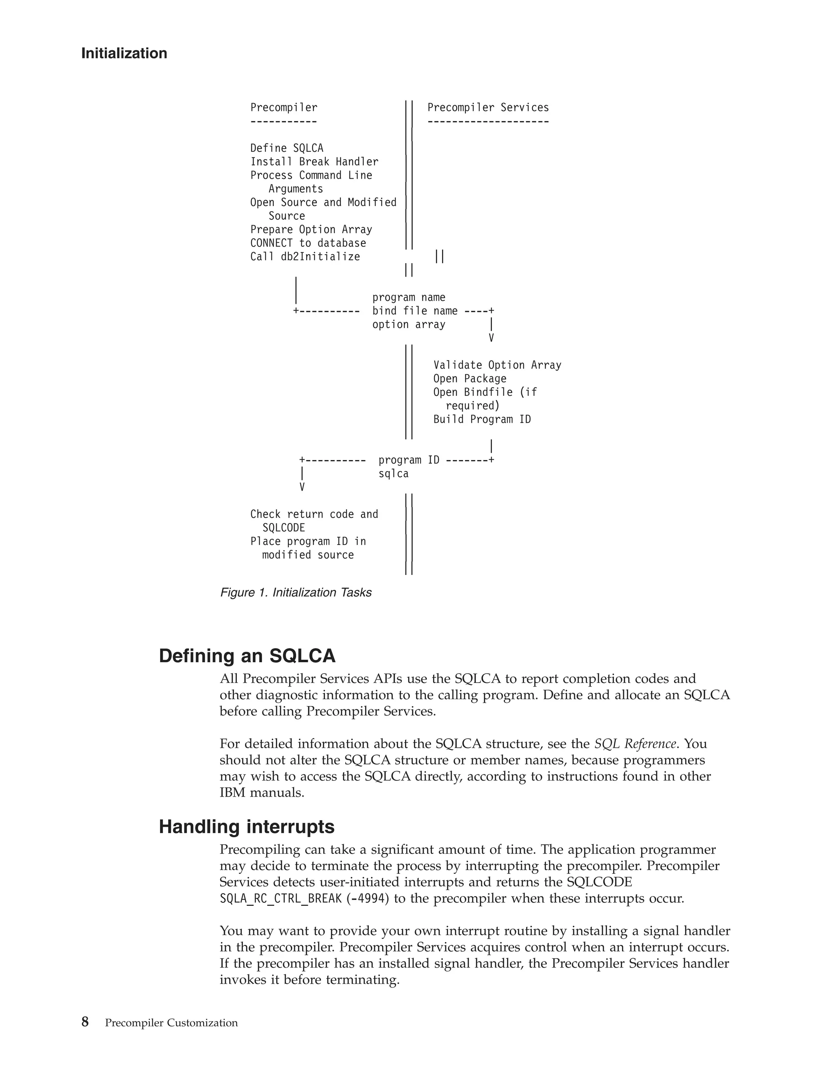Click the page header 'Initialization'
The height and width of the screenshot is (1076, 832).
tap(124, 53)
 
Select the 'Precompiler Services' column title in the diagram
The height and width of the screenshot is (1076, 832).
tap(487, 108)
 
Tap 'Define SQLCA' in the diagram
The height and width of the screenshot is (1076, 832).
tap(286, 148)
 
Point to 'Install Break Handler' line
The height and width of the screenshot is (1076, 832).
tap(314, 162)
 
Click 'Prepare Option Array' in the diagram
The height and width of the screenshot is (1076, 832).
tap(311, 229)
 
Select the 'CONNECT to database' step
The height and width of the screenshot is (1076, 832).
tap(308, 243)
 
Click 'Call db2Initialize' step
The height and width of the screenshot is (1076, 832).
tap(305, 257)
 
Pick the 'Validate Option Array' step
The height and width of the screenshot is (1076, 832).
tap(497, 365)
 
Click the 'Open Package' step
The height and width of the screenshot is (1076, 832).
tap(469, 378)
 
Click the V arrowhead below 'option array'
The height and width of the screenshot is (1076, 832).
tap(491, 338)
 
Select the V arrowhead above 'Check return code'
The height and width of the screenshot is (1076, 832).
tap(302, 487)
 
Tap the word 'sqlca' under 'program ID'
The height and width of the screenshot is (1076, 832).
tap(393, 473)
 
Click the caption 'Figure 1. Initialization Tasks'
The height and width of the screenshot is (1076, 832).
tap(296, 592)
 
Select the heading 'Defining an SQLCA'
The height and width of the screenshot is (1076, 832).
tap(247, 656)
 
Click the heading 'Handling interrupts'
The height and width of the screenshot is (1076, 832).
tap(247, 827)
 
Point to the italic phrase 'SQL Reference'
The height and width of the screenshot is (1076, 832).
tap(635, 743)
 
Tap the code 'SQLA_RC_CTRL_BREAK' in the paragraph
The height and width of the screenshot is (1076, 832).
tap(280, 898)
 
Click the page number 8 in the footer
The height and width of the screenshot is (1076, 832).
tap(85, 1022)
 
